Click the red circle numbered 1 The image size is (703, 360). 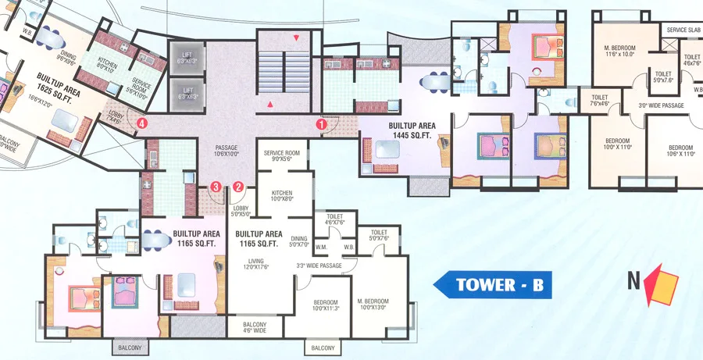321,123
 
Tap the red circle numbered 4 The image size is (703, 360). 141,123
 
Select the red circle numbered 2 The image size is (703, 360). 239,187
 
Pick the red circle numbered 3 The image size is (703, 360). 216,187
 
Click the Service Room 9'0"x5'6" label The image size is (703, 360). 282,156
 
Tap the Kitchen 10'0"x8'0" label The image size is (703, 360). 281,195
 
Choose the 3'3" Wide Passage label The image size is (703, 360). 319,266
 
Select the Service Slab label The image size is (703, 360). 683,30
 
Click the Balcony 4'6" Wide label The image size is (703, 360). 255,329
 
